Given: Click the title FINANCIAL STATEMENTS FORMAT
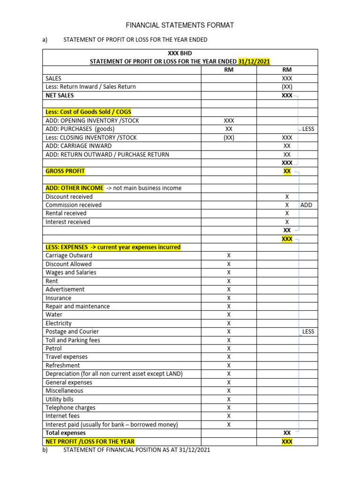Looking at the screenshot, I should pos(180,25).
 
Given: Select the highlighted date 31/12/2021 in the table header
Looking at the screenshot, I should pos(254,61).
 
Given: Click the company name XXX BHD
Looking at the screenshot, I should pos(180,53).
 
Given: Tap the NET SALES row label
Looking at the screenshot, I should pos(60,95).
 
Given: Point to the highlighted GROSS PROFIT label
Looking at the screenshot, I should pos(65,171).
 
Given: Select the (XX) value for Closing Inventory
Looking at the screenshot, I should pos(229,137).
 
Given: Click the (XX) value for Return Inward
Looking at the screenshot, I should pos(287,87).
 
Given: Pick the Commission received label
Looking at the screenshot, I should pos(73,205).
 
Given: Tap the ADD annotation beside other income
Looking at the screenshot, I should pos(306,205).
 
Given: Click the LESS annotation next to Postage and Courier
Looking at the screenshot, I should pos(308,331).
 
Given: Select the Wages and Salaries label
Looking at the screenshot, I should pos(71,272).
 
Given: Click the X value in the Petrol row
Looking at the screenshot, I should pos(229,348).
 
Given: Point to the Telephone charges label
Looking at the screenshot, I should pos(70,407).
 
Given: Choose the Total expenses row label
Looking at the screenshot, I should pos(66,433).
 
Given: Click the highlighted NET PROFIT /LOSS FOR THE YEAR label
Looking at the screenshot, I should pos(90,441).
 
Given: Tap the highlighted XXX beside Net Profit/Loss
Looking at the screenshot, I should pos(287,441).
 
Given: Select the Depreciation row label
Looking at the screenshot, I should pos(114,374).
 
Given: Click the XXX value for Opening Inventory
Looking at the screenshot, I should pos(229,120).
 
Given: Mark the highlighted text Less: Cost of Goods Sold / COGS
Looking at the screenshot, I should pos(89,112).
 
